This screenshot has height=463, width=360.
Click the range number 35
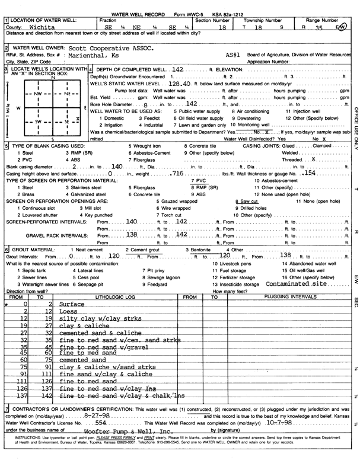pos(320,27)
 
